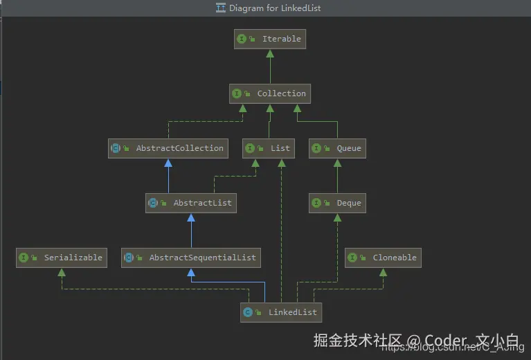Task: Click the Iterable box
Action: coord(270,39)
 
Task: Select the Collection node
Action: coord(269,93)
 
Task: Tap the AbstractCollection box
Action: coord(168,148)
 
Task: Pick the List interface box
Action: coord(269,148)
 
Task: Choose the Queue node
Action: coord(337,148)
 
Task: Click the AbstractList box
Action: coord(191,203)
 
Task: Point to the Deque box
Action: coord(337,203)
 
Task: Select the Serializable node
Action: coord(62,258)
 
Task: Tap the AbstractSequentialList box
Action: coord(191,258)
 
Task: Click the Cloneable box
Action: coord(383,258)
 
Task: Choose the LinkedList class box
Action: coord(281,312)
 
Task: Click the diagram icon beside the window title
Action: coord(221,8)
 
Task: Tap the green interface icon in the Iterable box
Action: coord(242,39)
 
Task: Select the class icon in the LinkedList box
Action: coord(248,312)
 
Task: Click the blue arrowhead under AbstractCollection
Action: coord(168,163)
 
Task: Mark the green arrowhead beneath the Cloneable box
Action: coord(383,272)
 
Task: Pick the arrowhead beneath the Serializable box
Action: coord(62,272)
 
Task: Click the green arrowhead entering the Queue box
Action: coord(337,163)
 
